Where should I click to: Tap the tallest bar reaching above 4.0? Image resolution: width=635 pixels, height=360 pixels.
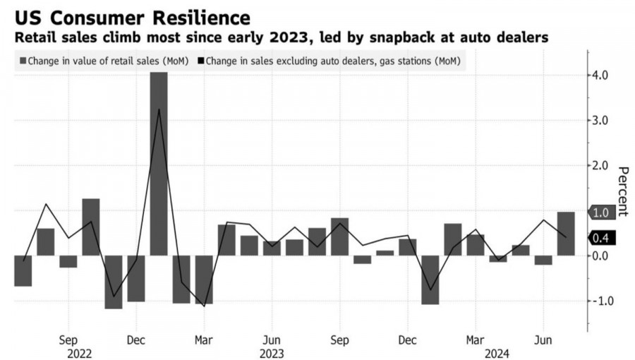point(159,162)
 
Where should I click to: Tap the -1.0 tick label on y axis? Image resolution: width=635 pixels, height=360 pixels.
point(602,301)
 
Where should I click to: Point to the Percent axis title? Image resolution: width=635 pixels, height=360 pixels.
point(623,191)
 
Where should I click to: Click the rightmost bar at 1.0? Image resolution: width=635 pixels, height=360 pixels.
point(565,234)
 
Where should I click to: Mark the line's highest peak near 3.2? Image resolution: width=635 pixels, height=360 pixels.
point(159,109)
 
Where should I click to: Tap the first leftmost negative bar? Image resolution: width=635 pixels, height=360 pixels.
point(23,270)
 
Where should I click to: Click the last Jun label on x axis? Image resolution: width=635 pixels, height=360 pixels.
point(543,338)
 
